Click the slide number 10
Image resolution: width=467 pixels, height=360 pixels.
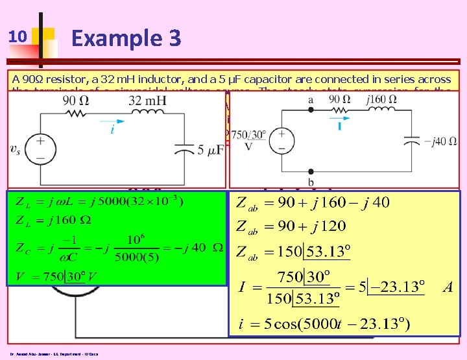pos(18,38)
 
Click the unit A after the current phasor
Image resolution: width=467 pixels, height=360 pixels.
pos(448,287)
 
